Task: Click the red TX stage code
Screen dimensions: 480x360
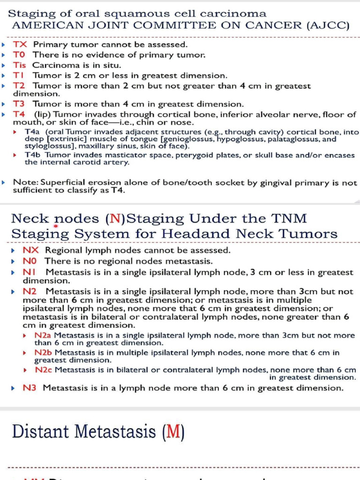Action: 20,45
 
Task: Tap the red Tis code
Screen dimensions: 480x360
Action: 20,65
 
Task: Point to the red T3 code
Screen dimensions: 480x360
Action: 19,104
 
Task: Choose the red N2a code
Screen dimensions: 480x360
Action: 43,336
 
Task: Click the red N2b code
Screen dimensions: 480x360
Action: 43,352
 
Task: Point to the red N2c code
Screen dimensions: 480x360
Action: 43,370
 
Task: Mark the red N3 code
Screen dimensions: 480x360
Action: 30,388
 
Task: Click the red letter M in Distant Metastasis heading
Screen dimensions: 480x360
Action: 172,432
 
